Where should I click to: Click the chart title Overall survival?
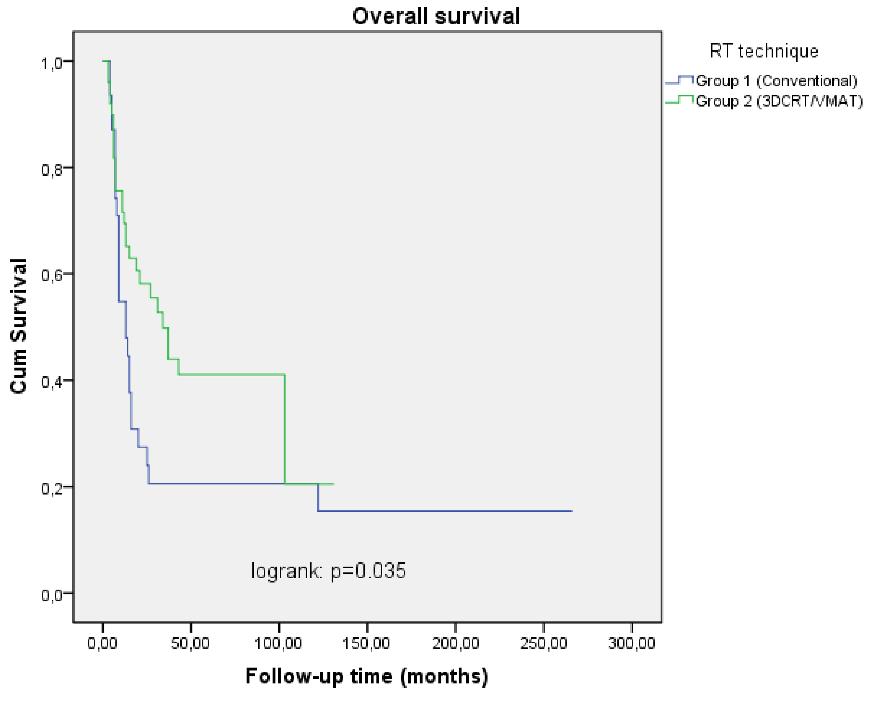coord(436,16)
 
